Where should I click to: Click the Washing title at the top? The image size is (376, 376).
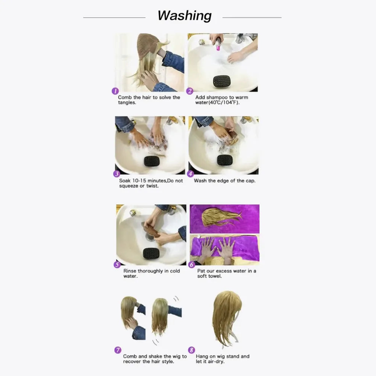point(184,16)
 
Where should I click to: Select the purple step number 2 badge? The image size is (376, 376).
point(190,91)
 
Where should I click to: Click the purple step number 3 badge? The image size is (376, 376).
point(117,174)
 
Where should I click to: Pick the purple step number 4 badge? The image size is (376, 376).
point(190,174)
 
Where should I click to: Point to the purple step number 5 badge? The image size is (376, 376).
point(117,264)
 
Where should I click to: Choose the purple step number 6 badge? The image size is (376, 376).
point(192,265)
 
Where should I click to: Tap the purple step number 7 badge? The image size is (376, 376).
point(117,350)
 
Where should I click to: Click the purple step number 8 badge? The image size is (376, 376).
point(191,350)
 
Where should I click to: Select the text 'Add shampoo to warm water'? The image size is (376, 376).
point(221,100)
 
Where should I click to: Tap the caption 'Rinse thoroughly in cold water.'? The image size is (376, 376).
point(152,273)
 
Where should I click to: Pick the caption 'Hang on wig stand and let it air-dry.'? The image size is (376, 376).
point(223,359)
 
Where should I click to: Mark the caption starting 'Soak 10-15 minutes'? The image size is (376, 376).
point(151,183)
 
